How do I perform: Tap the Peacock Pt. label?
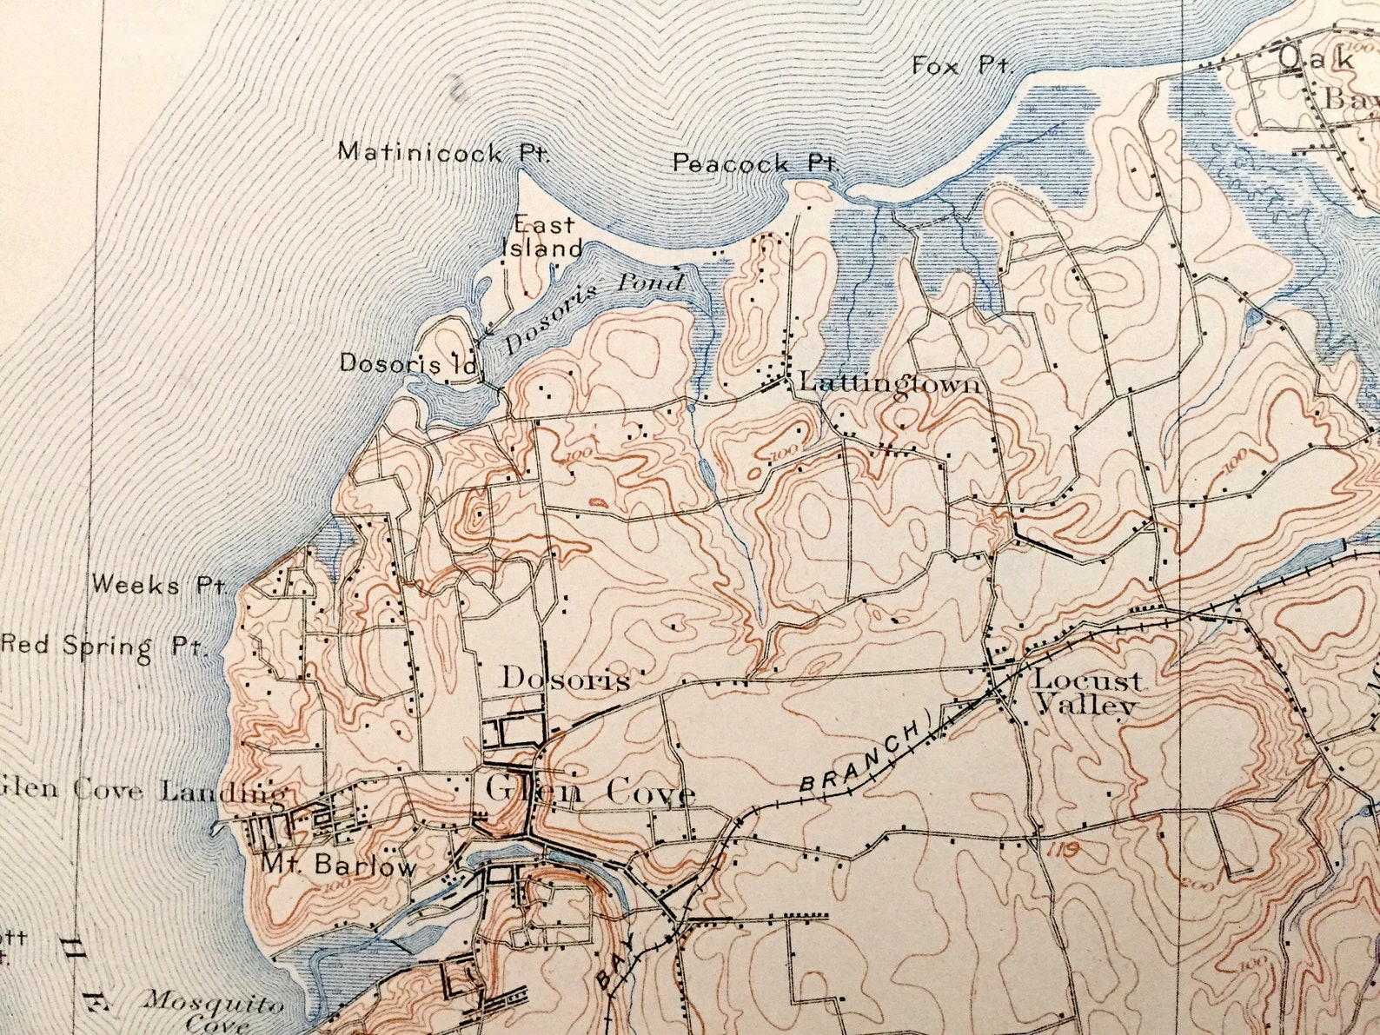point(754,163)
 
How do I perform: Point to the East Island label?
point(543,236)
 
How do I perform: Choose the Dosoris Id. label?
point(409,363)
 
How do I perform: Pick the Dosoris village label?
point(564,679)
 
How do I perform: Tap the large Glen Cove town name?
point(590,792)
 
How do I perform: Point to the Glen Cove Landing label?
point(143,790)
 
